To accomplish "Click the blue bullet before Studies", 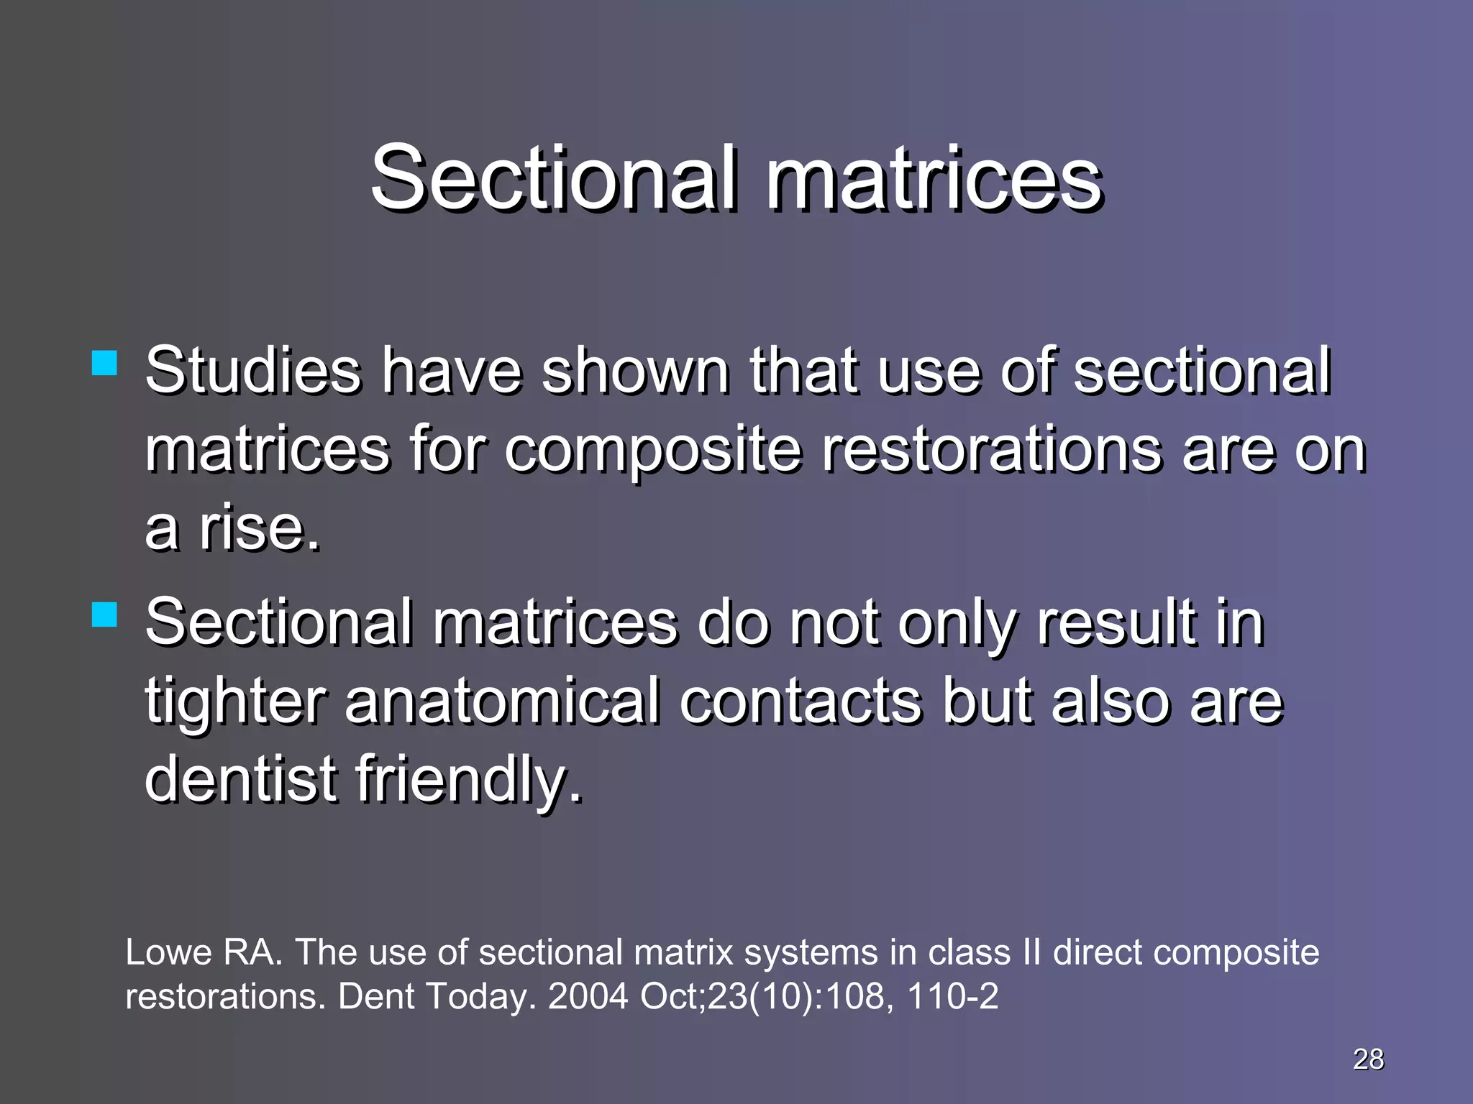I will [105, 364].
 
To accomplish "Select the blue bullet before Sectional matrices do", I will [105, 615].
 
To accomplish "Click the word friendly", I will [468, 780].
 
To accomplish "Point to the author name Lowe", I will [168, 952].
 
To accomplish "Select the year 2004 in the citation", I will [588, 996].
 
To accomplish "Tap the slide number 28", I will [1368, 1059].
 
